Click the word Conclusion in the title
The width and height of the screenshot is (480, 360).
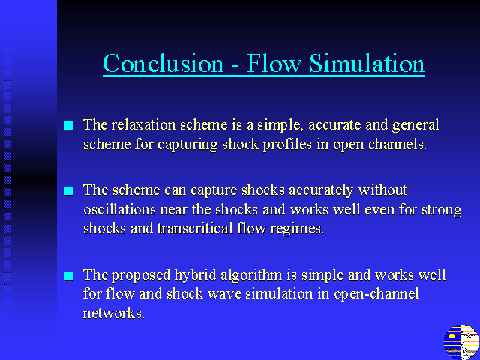pyautogui.click(x=163, y=63)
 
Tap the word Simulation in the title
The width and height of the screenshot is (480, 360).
pyautogui.click(x=367, y=63)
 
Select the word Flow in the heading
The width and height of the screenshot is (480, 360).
pyautogui.click(x=274, y=63)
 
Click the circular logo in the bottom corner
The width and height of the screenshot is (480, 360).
pyautogui.click(x=461, y=342)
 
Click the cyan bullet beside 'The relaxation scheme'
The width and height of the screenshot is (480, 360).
pyautogui.click(x=69, y=125)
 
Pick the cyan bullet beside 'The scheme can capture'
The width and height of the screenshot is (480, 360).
pyautogui.click(x=69, y=190)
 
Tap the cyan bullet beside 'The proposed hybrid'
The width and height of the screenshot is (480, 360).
pyautogui.click(x=69, y=275)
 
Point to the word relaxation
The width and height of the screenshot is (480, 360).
pyautogui.click(x=143, y=125)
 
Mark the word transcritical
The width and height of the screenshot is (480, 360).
pyautogui.click(x=195, y=228)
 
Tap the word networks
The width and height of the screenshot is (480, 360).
pyautogui.click(x=113, y=313)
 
